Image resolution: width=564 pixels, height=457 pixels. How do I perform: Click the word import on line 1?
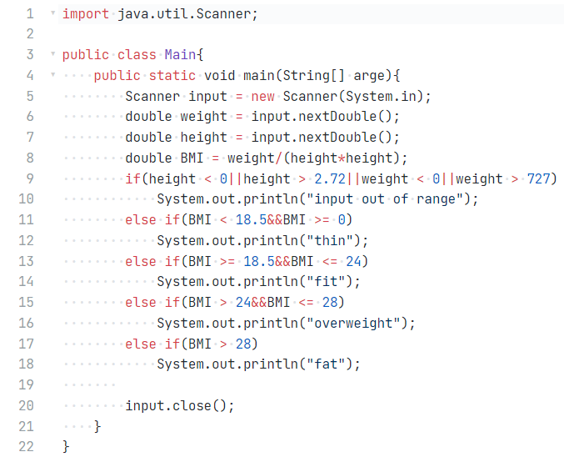pos(85,14)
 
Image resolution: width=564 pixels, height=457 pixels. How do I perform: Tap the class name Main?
pos(180,55)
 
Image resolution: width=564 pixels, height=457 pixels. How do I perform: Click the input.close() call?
pos(180,405)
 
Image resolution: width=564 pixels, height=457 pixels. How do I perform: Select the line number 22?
pos(26,446)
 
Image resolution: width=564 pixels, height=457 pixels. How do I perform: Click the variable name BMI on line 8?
pos(192,158)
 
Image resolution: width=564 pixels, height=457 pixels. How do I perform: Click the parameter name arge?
pos(370,76)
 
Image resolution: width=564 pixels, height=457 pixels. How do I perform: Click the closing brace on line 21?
pos(97,426)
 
